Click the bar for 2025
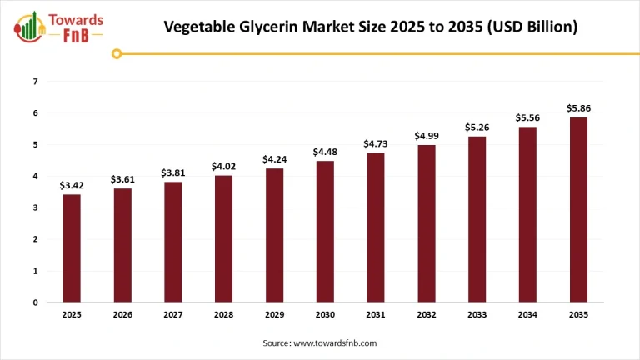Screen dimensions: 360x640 pyautogui.click(x=71, y=248)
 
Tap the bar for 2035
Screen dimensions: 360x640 pyautogui.click(x=578, y=210)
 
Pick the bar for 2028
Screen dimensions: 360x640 pyautogui.click(x=223, y=239)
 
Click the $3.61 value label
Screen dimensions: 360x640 pyautogui.click(x=122, y=179)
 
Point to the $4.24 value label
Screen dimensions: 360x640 pyautogui.click(x=274, y=159)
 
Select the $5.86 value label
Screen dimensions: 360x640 pyautogui.click(x=578, y=108)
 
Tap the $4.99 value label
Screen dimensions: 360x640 pyautogui.click(x=427, y=136)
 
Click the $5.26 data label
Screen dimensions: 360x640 pyautogui.click(x=477, y=127)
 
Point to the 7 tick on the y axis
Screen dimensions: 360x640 pyautogui.click(x=35, y=82)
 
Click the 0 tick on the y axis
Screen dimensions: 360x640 pyautogui.click(x=35, y=302)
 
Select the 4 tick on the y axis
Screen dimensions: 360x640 pyautogui.click(x=35, y=177)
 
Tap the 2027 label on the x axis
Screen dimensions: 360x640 pyautogui.click(x=172, y=315)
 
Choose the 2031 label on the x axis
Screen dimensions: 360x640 pyautogui.click(x=376, y=315)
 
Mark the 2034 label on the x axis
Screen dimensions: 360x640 pyautogui.click(x=527, y=315)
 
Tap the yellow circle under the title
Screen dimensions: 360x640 pyautogui.click(x=117, y=54)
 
